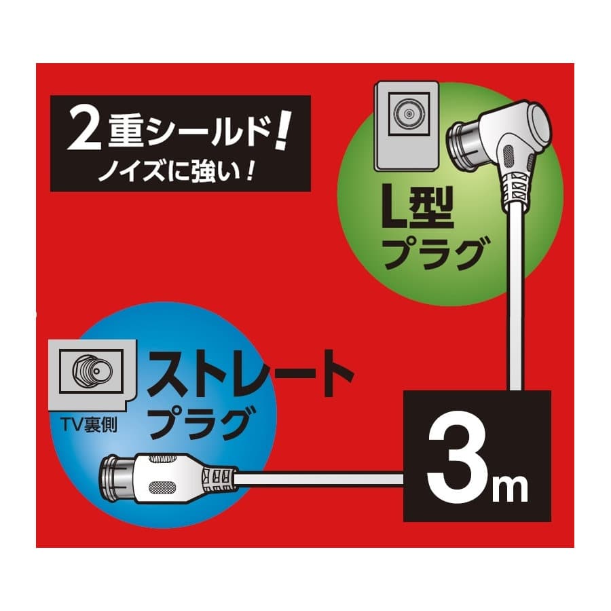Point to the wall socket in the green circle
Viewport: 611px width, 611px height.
coord(406,126)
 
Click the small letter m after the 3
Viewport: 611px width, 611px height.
coord(510,488)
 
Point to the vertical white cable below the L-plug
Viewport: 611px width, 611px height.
coord(515,296)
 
